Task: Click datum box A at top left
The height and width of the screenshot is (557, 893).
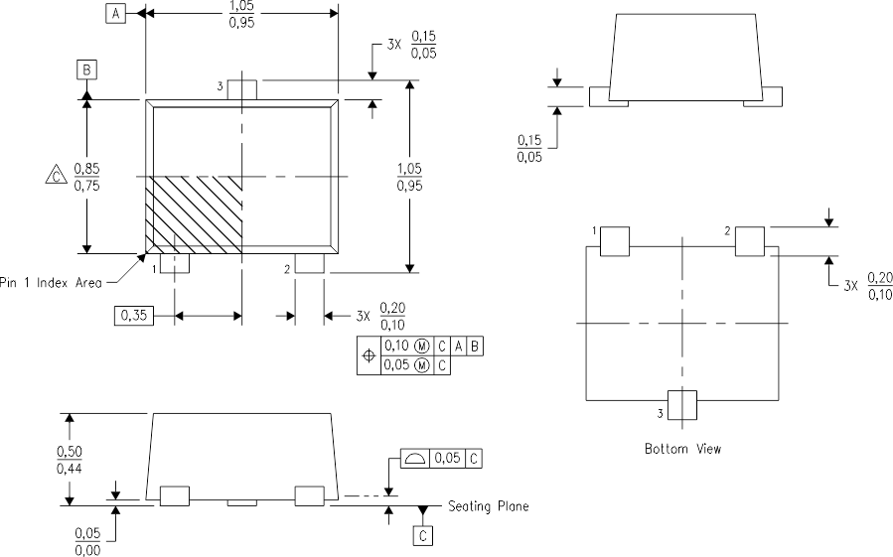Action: [116, 13]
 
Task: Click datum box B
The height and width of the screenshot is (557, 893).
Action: [87, 70]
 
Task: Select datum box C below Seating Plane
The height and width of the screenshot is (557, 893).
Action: [424, 536]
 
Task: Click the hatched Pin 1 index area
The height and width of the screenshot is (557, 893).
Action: [195, 212]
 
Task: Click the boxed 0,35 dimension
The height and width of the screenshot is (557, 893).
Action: [133, 315]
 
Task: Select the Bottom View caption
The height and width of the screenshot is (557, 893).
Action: [683, 449]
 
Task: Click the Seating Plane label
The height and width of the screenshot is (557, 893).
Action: [488, 506]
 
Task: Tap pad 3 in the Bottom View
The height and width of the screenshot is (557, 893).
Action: [683, 405]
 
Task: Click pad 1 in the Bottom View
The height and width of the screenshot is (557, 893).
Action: [616, 242]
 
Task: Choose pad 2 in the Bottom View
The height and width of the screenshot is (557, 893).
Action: [750, 241]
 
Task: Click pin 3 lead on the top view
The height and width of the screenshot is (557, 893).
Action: [242, 89]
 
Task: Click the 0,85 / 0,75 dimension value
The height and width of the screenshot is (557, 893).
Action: [86, 176]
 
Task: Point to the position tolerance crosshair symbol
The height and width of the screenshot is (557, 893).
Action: [370, 355]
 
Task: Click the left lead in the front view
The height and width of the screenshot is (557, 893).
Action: [175, 495]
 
